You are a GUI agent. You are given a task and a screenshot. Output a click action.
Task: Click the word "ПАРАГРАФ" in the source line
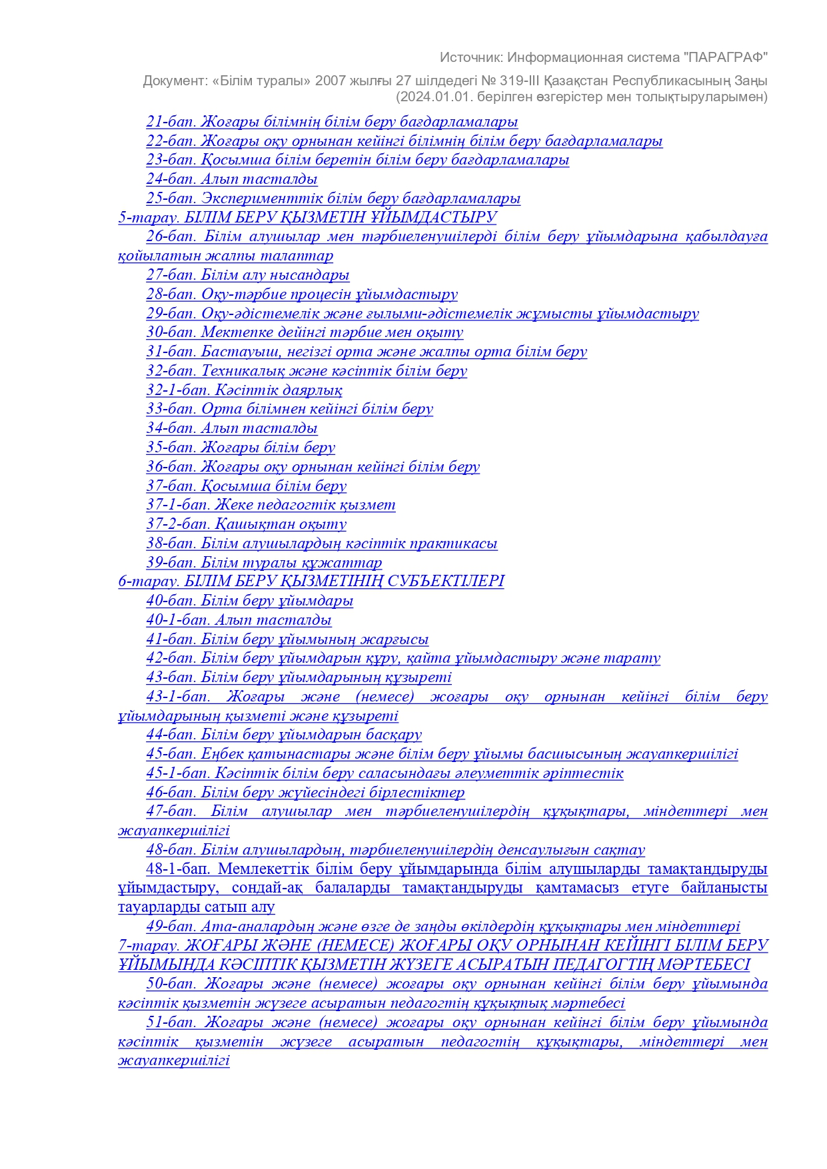tap(726, 57)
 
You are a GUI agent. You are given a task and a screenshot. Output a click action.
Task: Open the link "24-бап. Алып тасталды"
tap(231, 179)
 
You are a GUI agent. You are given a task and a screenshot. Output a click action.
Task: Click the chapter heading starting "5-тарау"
tap(307, 217)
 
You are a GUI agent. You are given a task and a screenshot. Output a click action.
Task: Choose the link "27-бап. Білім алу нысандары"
tap(247, 275)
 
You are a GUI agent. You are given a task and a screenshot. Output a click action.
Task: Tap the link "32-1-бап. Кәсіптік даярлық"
tap(244, 390)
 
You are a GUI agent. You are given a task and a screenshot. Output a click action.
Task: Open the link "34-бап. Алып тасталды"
tap(231, 428)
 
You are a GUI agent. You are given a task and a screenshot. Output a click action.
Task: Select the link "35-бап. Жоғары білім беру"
tap(241, 448)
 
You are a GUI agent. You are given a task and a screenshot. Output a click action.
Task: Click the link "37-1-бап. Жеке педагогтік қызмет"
tap(271, 505)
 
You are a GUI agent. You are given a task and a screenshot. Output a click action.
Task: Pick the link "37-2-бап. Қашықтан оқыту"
tap(246, 524)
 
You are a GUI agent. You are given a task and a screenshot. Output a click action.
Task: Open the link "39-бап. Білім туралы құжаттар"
tap(264, 563)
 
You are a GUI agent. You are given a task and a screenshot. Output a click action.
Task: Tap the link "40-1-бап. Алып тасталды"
tap(239, 620)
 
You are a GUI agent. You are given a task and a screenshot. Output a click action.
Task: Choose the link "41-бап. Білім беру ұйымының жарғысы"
tap(287, 639)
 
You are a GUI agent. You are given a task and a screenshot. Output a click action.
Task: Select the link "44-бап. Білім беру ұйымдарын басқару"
tap(284, 735)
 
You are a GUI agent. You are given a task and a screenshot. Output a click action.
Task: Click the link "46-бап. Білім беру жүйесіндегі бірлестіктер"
tap(305, 793)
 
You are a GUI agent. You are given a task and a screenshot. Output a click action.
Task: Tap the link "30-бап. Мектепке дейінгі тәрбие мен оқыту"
tap(305, 332)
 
